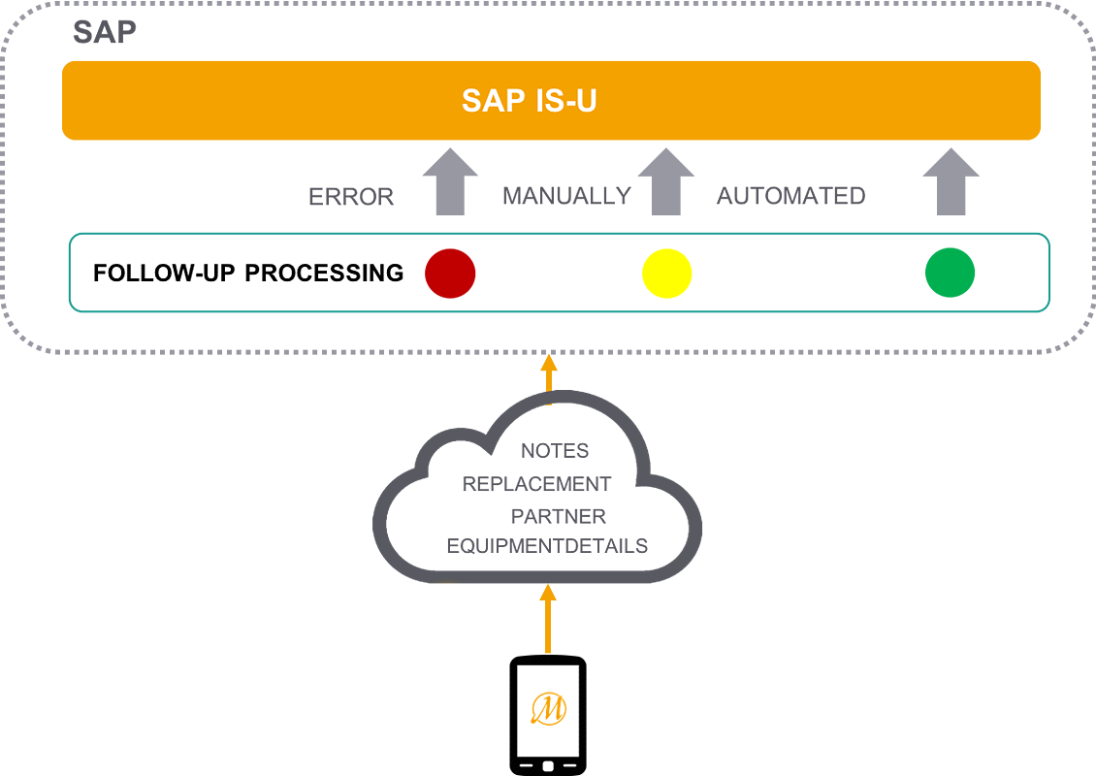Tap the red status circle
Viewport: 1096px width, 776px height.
(450, 274)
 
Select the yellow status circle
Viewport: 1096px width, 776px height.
(667, 274)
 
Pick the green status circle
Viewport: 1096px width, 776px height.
(951, 273)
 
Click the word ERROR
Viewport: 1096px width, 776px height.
(351, 197)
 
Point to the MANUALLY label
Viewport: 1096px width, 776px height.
(566, 196)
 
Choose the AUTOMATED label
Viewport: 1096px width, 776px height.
(790, 196)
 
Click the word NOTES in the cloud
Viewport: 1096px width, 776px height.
(555, 451)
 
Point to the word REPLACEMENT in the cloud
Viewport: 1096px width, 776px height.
(536, 483)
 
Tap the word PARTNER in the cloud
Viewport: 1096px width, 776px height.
(558, 516)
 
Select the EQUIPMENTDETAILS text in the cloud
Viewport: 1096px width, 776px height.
(547, 547)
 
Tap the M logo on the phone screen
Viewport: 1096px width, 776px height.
(548, 709)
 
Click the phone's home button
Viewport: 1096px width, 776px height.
(548, 766)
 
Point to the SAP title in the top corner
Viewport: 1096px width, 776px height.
(104, 32)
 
